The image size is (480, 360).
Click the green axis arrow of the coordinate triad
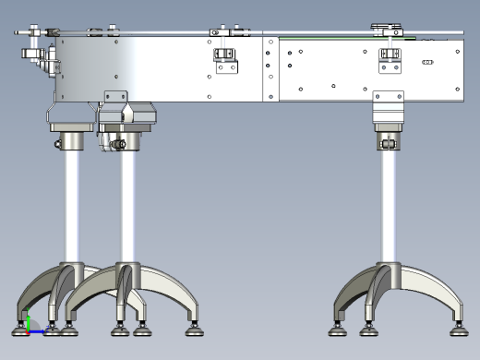coord(29,321)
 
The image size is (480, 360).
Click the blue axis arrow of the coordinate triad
coord(38,331)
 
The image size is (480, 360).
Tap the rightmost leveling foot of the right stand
coord(458,324)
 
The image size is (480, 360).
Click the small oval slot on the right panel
coord(427,62)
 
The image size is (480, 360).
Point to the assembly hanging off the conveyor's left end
coord(39,57)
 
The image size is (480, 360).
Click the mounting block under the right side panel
coord(390,107)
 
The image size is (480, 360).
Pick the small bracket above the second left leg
coord(116,96)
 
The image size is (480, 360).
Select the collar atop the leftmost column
coord(71,142)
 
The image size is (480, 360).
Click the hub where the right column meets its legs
coord(390,271)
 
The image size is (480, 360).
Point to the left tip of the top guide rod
coord(18,34)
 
